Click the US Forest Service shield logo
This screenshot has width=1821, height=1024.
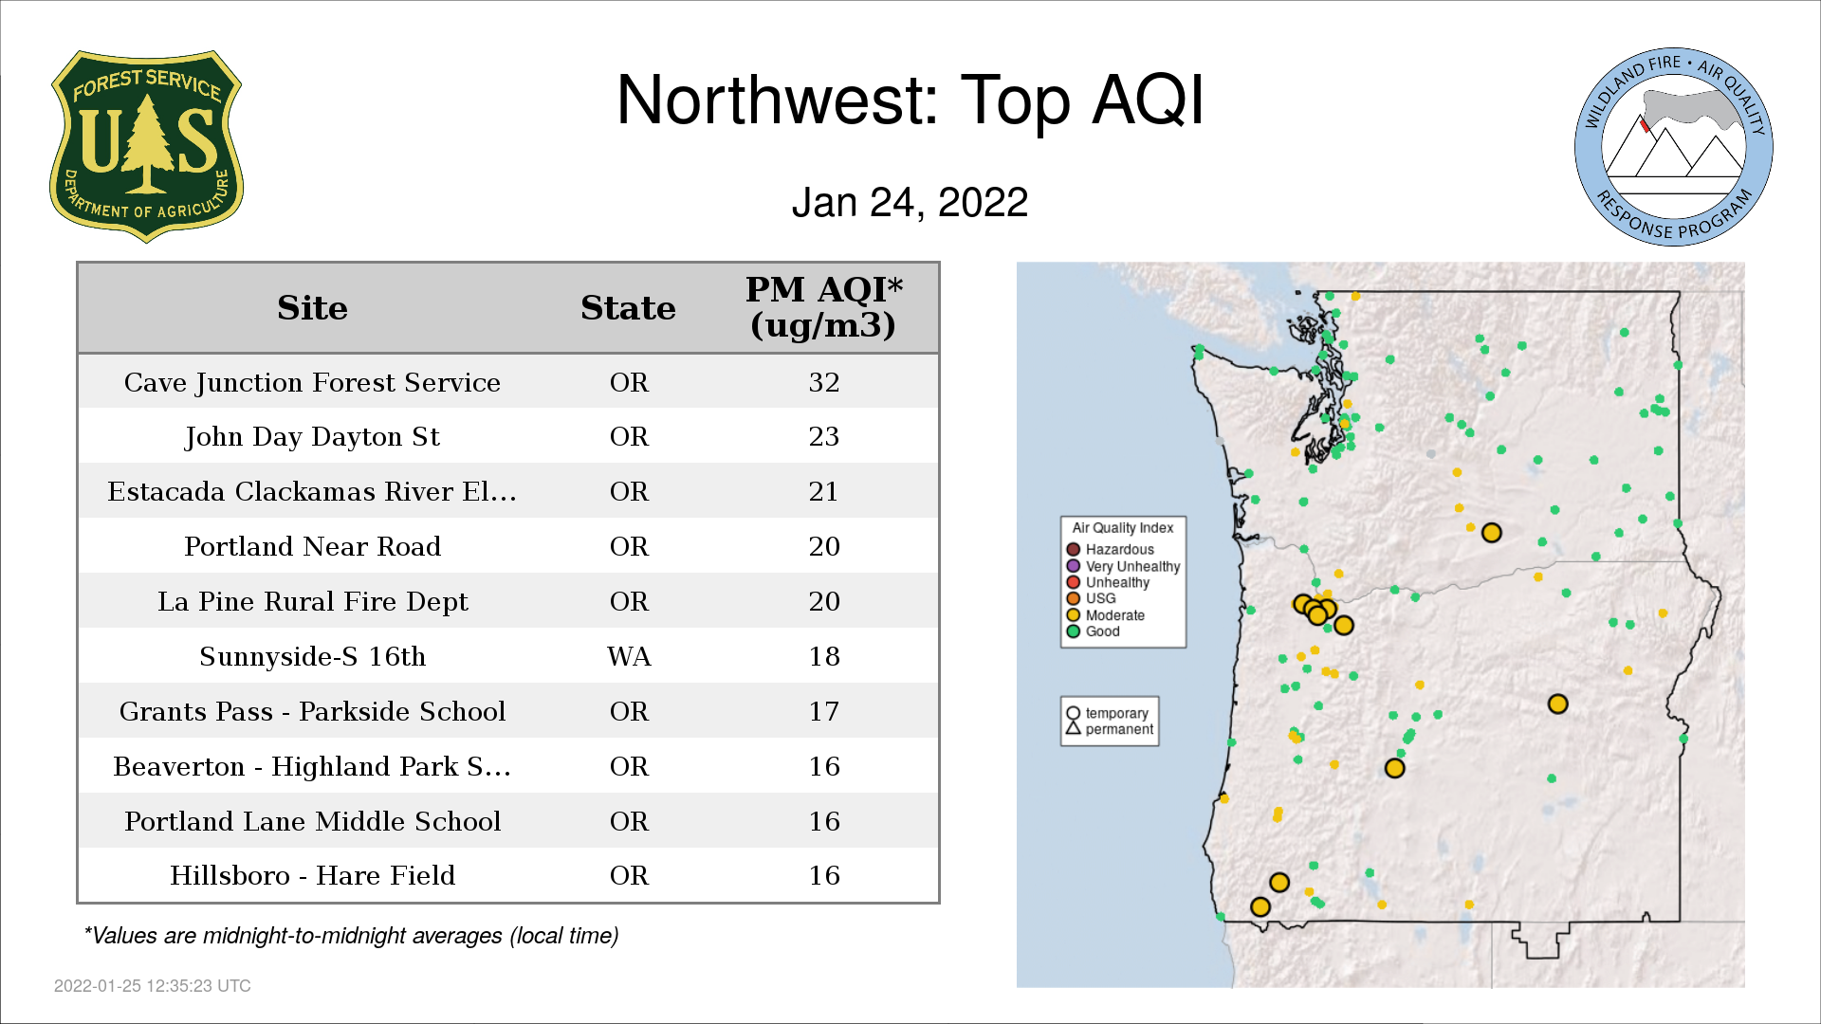coord(146,146)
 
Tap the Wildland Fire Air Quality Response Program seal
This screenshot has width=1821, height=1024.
coord(1674,147)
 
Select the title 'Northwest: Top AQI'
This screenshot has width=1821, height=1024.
coord(910,100)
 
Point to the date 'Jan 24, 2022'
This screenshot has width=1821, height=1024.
coord(910,202)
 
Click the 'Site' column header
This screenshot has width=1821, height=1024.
coord(313,308)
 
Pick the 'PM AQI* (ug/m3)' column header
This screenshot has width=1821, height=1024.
coord(823,307)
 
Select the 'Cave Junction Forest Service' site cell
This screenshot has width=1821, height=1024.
coord(313,382)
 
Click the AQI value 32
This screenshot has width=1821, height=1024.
coord(824,382)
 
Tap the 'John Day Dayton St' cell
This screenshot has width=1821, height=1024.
coord(313,437)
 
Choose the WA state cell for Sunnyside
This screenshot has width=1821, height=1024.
coord(629,656)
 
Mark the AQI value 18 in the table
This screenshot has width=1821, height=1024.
coord(824,656)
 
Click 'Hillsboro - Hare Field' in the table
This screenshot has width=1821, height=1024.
coord(313,875)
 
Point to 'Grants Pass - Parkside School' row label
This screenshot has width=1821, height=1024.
coord(313,711)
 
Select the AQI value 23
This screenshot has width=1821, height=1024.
coord(824,436)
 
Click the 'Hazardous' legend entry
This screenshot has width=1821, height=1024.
coord(1111,550)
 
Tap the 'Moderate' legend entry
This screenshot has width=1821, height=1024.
coord(1106,615)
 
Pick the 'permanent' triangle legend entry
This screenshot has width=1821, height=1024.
coord(1110,729)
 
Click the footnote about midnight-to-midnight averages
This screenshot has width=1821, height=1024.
coord(351,936)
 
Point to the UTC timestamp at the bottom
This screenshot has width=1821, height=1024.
coord(153,986)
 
